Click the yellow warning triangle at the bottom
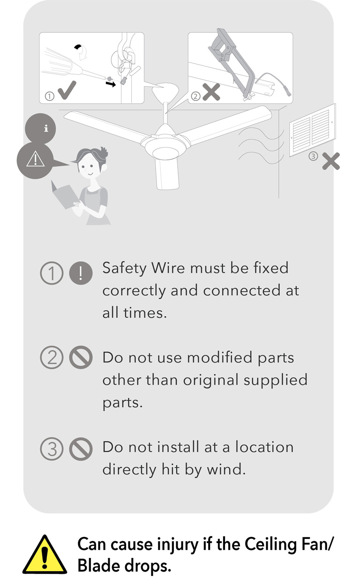45,555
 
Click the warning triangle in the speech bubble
35,159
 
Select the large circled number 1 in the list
52,273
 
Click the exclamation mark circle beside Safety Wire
81,273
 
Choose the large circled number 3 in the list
52,449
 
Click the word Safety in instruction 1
124,268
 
